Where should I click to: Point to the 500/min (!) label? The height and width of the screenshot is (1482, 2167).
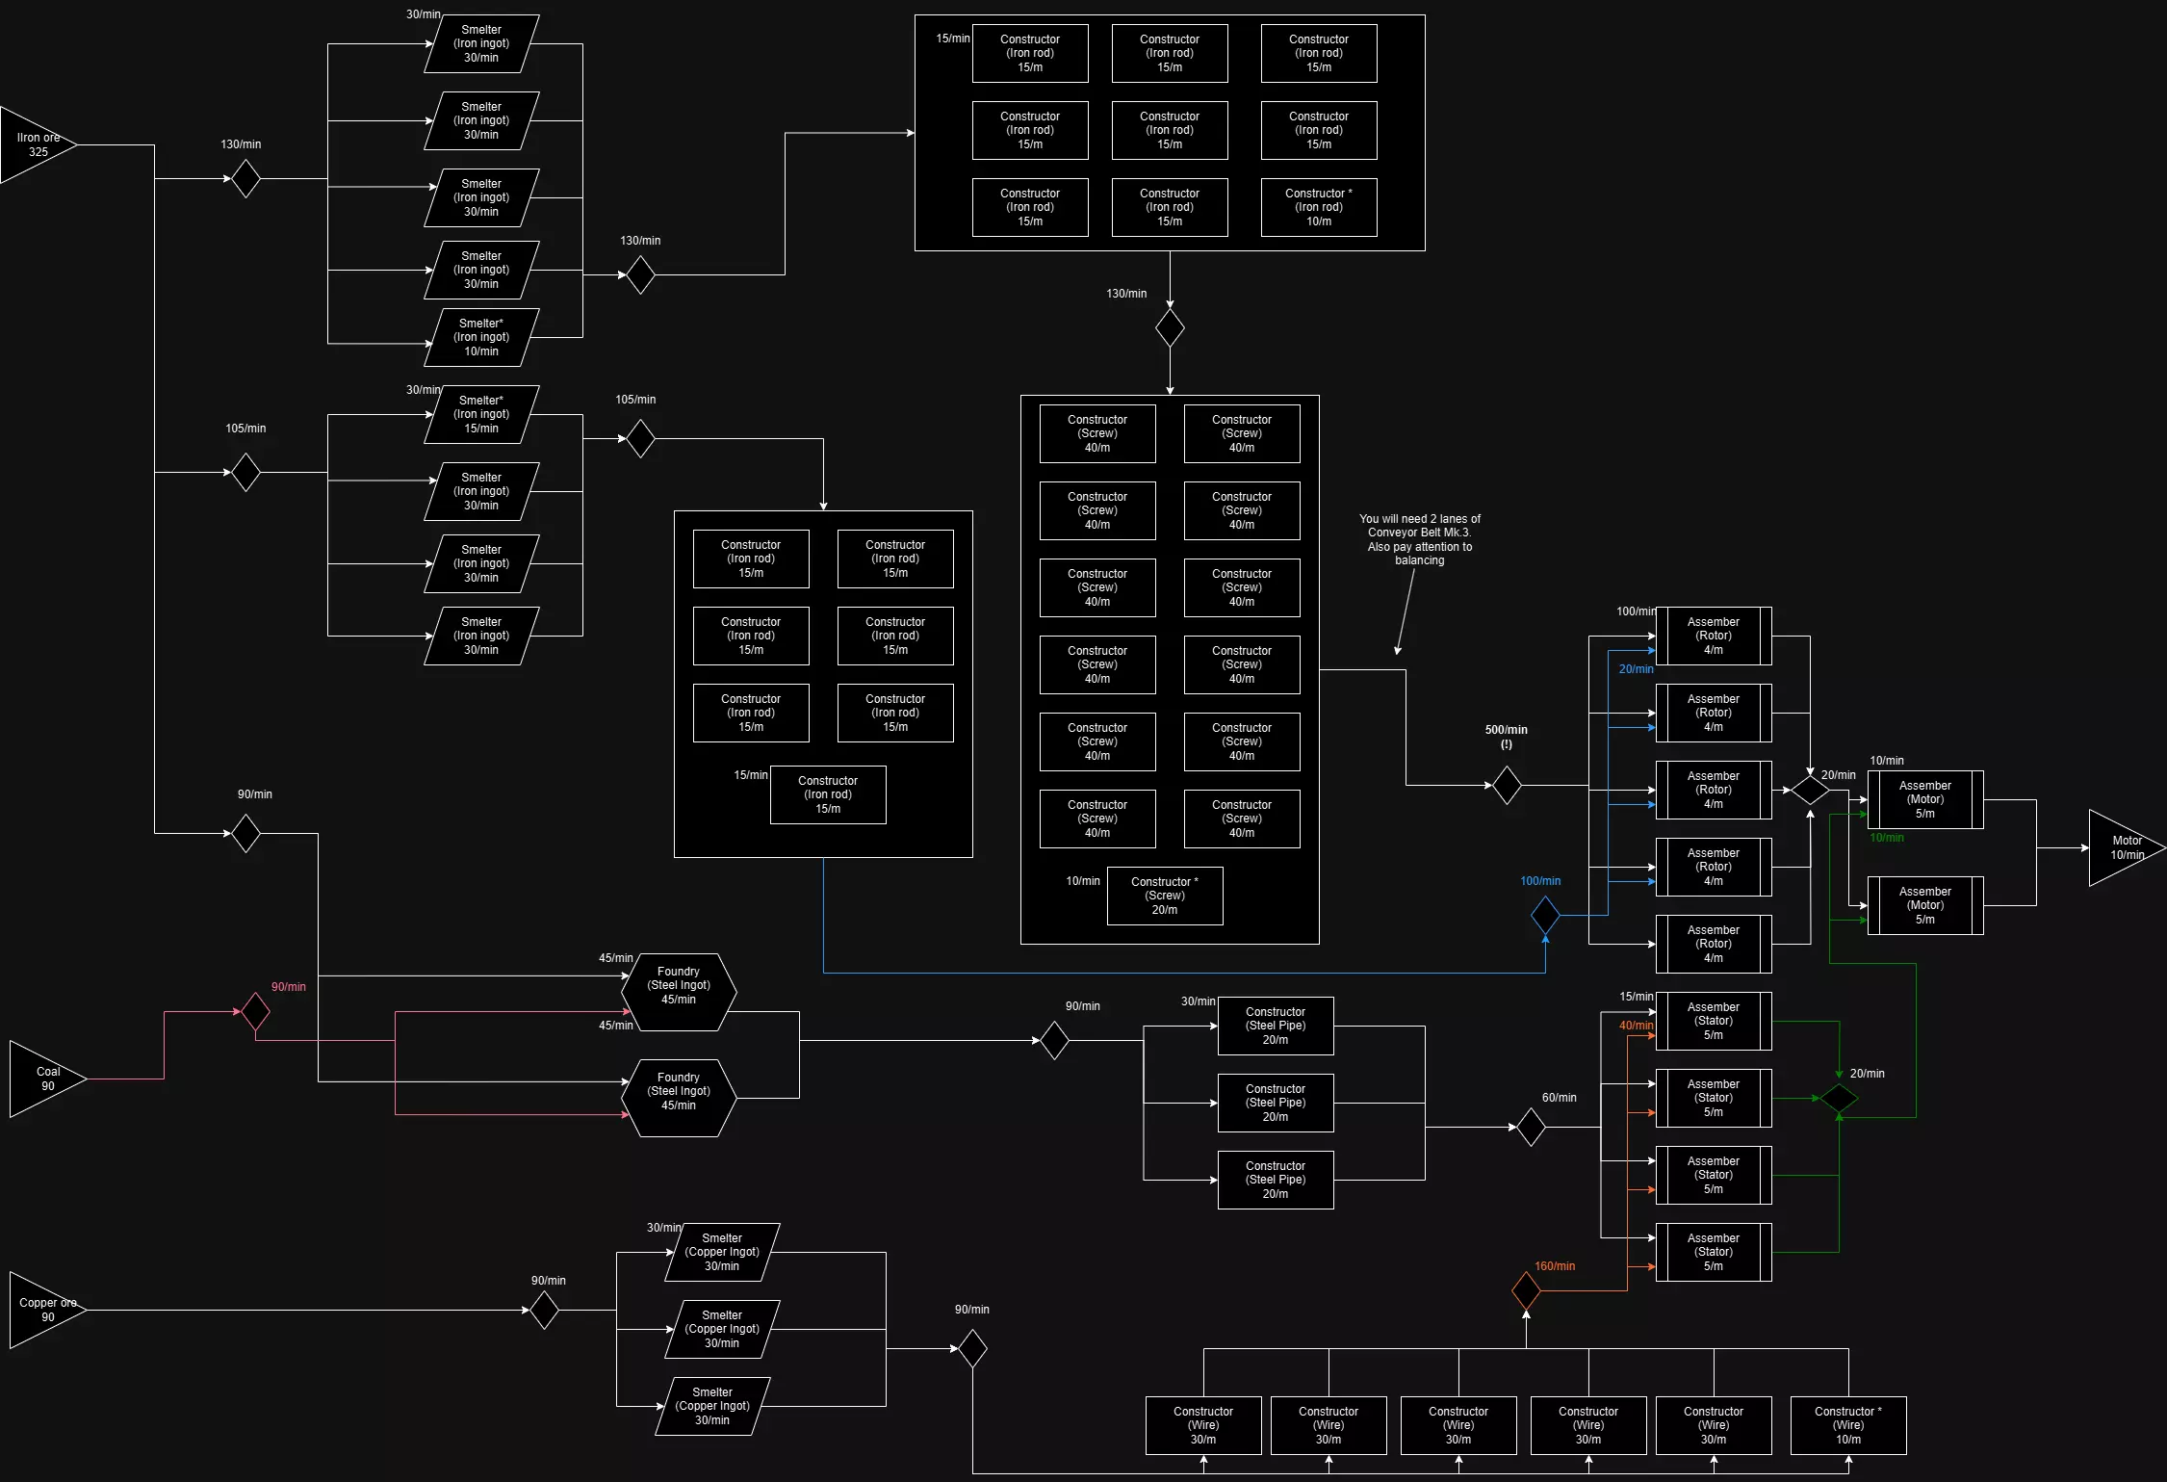(x=1506, y=737)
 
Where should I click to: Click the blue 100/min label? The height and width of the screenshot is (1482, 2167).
(x=1540, y=881)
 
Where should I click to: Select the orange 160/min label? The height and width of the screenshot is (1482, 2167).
(x=1555, y=1266)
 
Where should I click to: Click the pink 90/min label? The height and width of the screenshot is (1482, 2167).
(x=288, y=987)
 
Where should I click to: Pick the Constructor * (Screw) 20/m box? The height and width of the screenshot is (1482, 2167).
(x=1165, y=896)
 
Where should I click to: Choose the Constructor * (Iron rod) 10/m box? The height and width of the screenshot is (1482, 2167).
(x=1319, y=207)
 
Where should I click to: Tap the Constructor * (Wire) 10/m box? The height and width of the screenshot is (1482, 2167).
(x=1848, y=1425)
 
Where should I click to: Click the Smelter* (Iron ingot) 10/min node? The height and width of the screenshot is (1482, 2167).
(x=481, y=337)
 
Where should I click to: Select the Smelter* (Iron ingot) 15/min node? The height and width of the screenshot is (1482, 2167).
(x=481, y=414)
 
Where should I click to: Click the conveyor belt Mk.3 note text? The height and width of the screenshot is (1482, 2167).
(x=1420, y=539)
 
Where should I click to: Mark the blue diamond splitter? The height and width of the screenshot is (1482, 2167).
(x=1545, y=915)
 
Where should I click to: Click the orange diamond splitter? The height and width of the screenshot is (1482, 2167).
(x=1526, y=1290)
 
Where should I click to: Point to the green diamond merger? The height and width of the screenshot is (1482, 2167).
(x=1839, y=1098)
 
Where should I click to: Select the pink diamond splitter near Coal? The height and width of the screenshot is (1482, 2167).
(x=255, y=1011)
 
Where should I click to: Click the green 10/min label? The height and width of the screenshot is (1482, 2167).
(x=1887, y=838)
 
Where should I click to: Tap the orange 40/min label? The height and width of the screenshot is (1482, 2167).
(x=1636, y=1026)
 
